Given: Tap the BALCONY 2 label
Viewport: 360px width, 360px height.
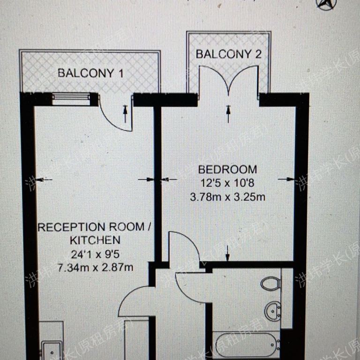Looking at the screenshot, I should point(228,54).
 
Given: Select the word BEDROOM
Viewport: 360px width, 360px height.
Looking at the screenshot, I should point(227,169).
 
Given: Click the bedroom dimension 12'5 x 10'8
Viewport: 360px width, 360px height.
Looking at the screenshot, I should point(227,183).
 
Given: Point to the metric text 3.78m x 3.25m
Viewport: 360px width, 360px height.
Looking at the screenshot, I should point(227,197).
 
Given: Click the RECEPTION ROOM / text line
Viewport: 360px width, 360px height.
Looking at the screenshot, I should point(94,227).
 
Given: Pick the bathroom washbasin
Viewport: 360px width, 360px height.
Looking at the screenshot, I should point(272,309).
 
